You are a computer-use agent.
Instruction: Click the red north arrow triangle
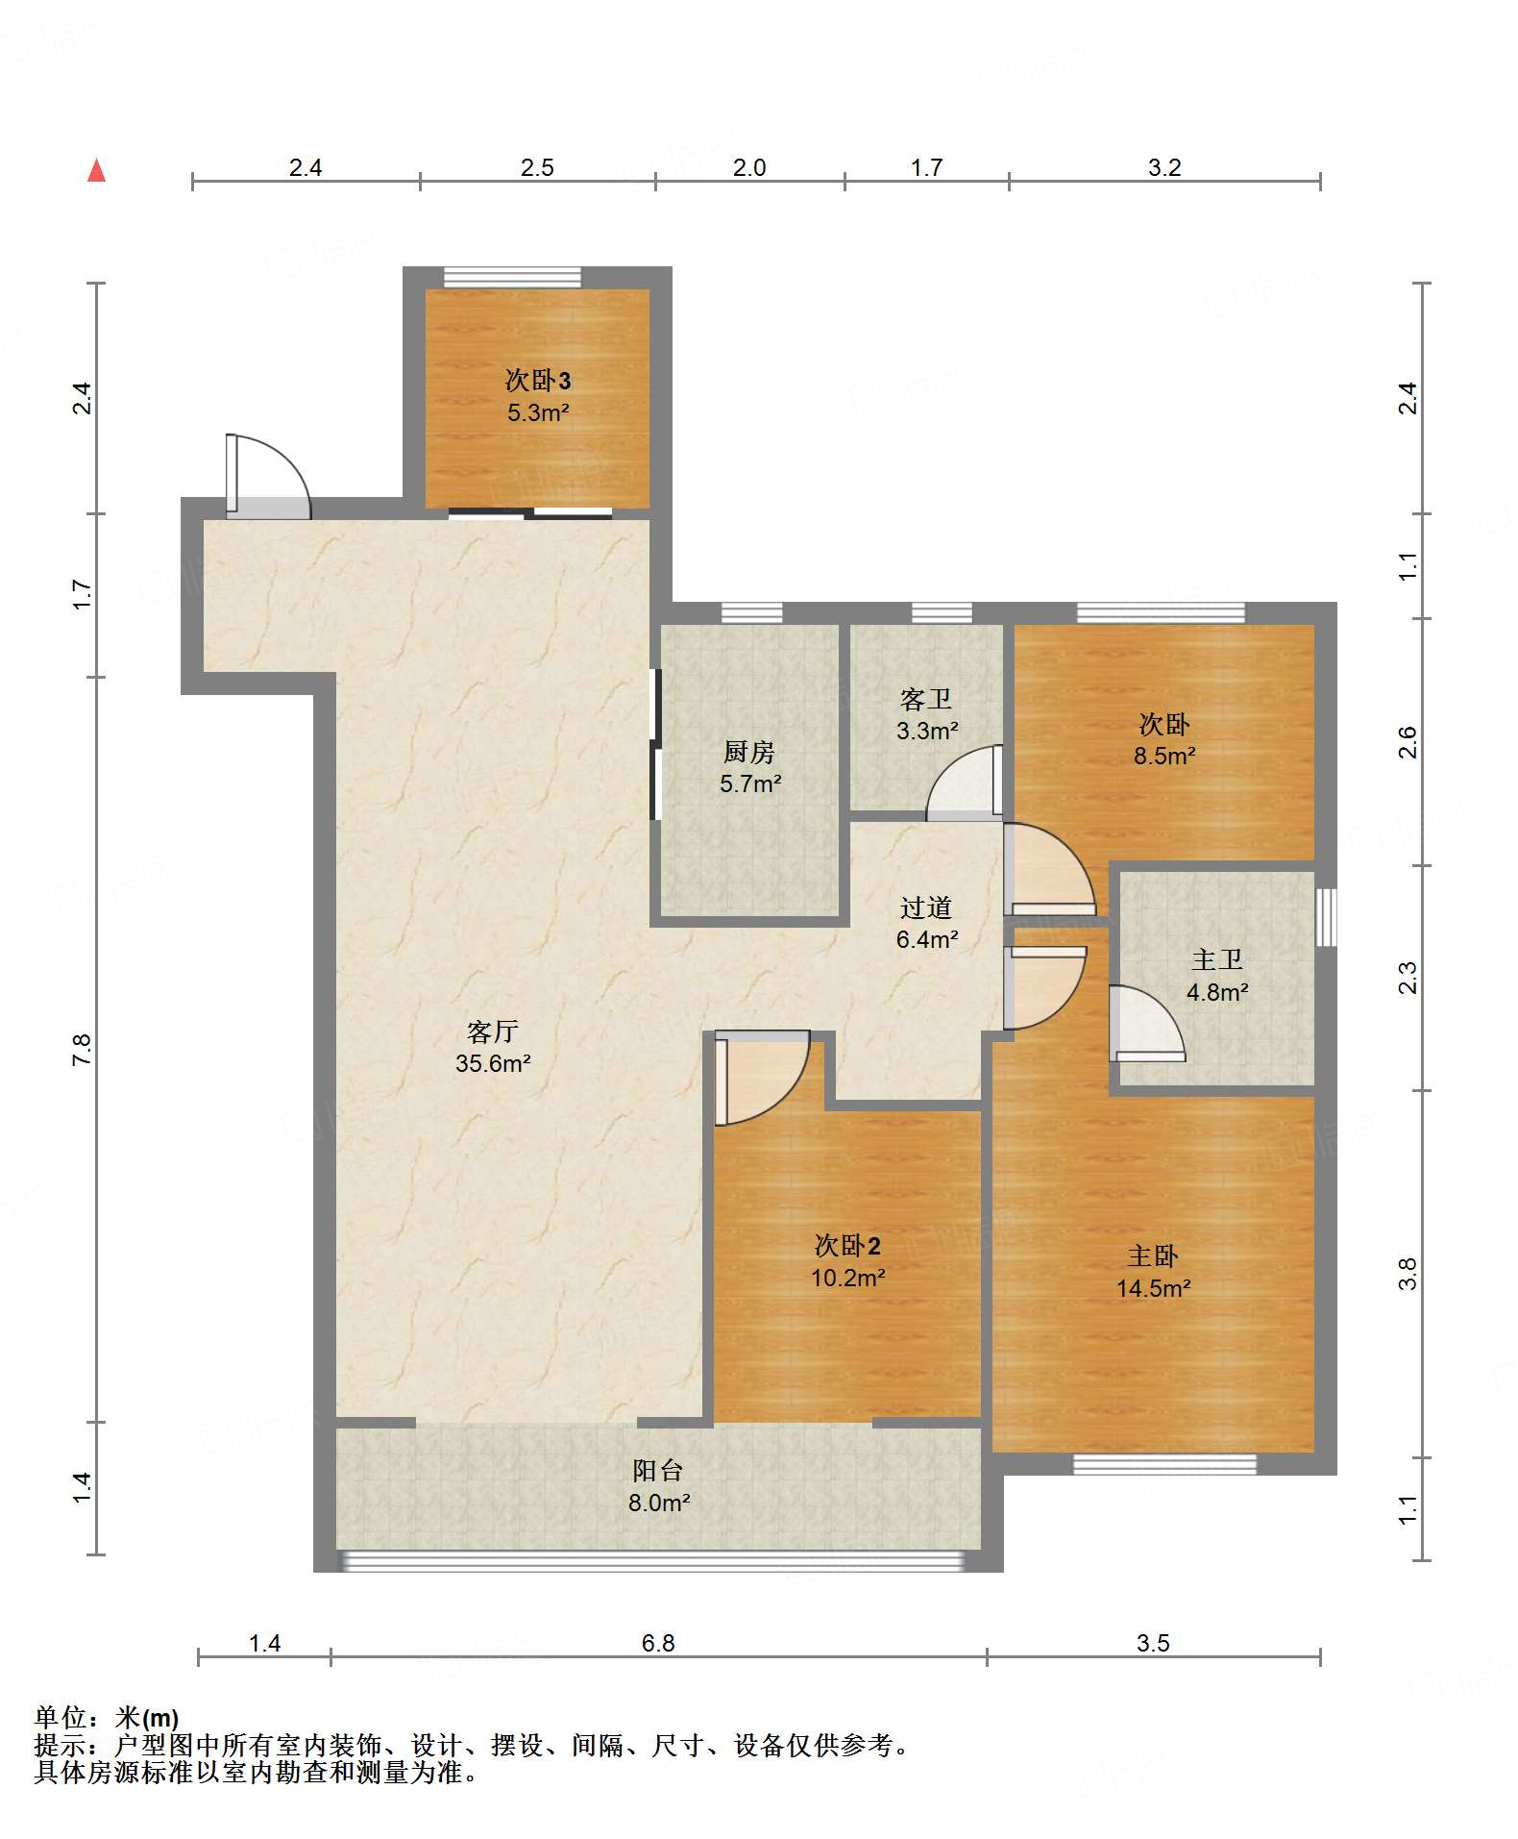96,170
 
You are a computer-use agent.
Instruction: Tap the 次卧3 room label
538,381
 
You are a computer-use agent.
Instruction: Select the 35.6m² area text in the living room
493,1063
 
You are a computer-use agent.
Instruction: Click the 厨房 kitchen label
749,752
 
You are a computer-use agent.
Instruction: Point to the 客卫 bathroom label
926,699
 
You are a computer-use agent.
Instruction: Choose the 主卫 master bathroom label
1217,959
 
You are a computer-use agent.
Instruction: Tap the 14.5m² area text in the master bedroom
1153,1288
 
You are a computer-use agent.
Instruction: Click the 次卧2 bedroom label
847,1246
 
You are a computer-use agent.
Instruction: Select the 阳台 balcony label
658,1470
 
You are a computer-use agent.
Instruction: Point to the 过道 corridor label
926,907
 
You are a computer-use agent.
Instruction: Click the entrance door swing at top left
268,477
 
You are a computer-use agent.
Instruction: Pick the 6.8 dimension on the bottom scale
658,1643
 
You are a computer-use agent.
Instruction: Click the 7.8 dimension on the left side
82,1049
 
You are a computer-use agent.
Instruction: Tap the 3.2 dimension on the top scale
1164,167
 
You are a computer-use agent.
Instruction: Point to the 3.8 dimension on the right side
1408,1274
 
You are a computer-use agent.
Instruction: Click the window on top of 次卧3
512,277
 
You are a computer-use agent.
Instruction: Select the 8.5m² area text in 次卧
1164,756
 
